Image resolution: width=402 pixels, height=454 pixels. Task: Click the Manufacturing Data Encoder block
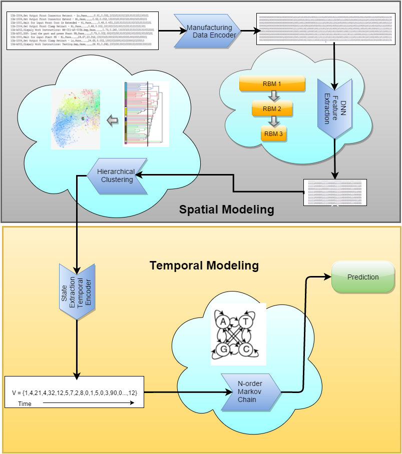(209, 31)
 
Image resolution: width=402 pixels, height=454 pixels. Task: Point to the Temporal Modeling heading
(204, 265)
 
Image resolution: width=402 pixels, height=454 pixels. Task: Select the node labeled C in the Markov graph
(246, 349)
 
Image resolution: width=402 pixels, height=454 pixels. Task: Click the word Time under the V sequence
(25, 403)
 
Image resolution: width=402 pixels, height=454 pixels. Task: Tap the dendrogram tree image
(146, 114)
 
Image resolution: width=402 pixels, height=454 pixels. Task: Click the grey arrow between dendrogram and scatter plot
(114, 120)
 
